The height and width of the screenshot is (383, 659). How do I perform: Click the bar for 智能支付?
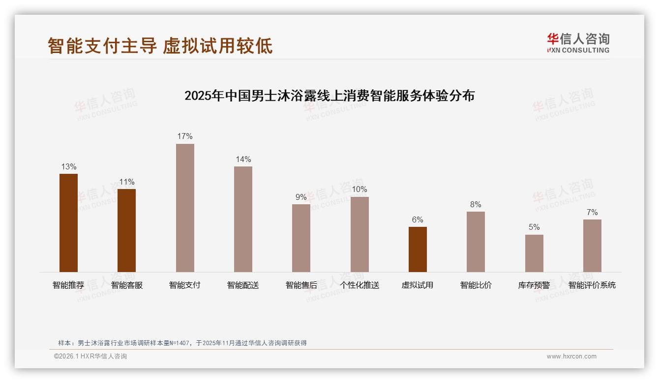(185, 208)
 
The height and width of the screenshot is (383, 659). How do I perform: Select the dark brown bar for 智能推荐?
(68, 223)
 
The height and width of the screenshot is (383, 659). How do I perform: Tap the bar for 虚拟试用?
(418, 249)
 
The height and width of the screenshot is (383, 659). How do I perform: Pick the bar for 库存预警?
(534, 253)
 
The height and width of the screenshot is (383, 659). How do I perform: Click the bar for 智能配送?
(243, 219)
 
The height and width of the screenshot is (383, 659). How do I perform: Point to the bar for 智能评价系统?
(592, 246)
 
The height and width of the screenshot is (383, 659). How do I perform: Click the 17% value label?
(185, 137)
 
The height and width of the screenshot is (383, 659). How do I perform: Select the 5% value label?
(534, 227)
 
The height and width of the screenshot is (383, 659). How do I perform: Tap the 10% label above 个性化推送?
(359, 190)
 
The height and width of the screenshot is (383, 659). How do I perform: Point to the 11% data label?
(127, 182)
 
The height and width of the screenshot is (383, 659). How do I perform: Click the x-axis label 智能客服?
(127, 285)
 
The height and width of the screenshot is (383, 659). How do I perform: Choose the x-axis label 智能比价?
(476, 285)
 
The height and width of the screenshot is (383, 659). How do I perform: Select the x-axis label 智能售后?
(301, 285)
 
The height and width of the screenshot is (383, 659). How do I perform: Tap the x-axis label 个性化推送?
(359, 285)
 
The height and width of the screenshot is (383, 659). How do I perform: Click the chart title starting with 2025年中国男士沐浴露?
(329, 96)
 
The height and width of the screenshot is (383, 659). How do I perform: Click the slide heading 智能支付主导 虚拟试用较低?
(160, 46)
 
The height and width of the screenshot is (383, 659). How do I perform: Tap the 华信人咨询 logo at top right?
(578, 43)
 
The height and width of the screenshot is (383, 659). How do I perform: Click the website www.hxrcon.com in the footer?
(571, 356)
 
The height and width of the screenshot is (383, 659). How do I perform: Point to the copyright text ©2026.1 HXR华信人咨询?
(90, 356)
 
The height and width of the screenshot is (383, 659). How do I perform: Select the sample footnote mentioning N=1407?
(182, 343)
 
